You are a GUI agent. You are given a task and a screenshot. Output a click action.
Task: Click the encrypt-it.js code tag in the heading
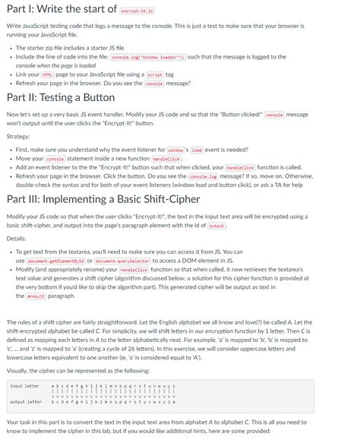(x=137, y=11)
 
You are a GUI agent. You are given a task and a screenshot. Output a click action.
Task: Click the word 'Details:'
(x=18, y=238)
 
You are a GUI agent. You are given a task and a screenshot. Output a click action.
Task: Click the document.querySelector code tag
(x=120, y=261)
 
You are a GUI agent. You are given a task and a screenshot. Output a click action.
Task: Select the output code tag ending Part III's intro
(x=216, y=226)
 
